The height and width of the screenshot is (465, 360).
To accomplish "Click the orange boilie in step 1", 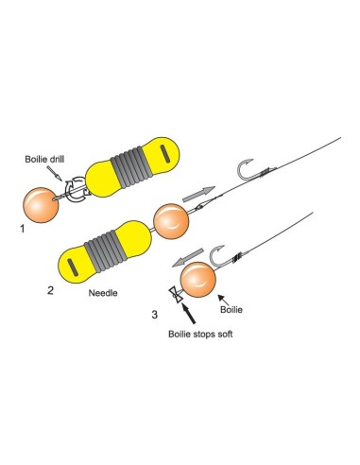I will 39,205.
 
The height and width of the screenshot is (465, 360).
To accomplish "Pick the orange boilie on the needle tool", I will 172,222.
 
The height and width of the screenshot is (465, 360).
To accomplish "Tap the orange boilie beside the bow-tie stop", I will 200,282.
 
